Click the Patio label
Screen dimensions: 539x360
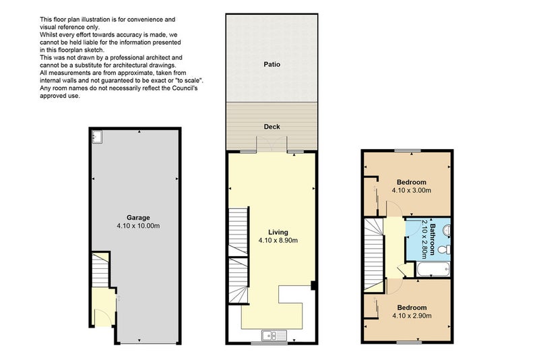(x=272, y=64)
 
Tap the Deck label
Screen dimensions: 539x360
(x=272, y=127)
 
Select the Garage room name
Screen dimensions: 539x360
(x=138, y=218)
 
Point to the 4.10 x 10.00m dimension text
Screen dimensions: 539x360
(x=138, y=226)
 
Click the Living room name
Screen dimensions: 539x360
(x=278, y=232)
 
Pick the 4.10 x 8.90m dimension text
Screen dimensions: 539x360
(x=278, y=241)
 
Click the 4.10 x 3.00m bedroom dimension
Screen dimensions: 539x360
(x=412, y=190)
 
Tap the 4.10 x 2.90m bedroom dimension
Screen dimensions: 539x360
(x=412, y=316)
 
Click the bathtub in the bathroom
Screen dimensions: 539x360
(x=433, y=269)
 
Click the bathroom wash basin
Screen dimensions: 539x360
(x=447, y=230)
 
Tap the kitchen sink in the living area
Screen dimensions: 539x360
(x=274, y=335)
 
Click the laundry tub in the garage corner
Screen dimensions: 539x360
(x=97, y=136)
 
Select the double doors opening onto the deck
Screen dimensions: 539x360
(x=272, y=144)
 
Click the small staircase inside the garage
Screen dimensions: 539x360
(x=100, y=270)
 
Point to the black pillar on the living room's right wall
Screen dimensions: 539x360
(x=313, y=285)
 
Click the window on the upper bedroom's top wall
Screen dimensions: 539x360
(x=408, y=150)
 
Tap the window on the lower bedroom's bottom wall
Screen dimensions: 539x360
(x=409, y=342)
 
